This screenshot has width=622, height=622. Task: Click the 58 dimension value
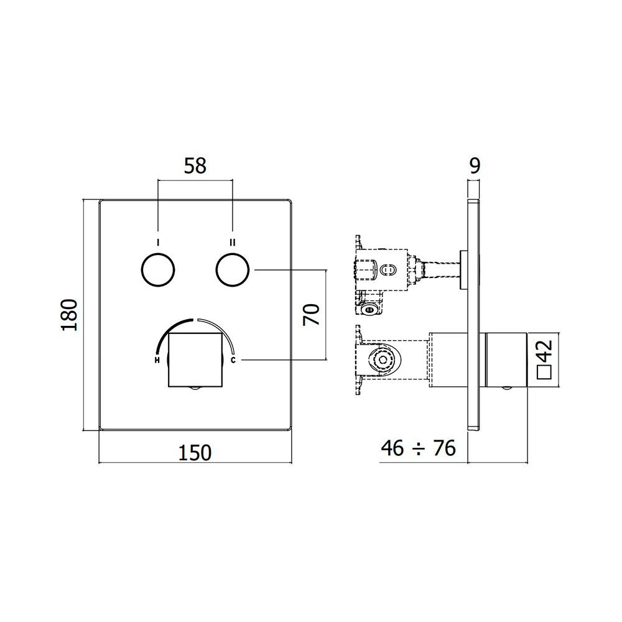point(195,166)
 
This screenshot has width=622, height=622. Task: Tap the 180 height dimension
point(70,315)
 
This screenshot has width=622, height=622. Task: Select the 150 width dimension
point(195,453)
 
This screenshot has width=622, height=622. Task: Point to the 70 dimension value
point(312,315)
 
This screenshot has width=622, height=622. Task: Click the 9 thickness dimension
point(475,166)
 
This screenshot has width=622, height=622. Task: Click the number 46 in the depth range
point(392,448)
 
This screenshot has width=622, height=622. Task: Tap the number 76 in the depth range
point(444,448)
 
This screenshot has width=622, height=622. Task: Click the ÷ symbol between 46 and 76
point(419,449)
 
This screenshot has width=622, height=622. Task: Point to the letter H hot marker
point(157,360)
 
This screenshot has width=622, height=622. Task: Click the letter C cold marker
point(233,360)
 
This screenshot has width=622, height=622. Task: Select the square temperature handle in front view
point(195,360)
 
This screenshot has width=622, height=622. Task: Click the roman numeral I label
point(158,242)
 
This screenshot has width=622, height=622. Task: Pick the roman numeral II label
point(233,242)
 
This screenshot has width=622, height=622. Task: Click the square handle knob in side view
point(506,360)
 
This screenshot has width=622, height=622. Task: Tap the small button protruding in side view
point(463,270)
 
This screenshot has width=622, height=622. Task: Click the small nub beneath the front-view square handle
point(195,389)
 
